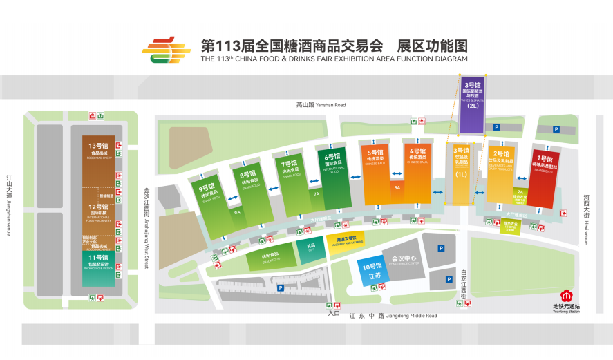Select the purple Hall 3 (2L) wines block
(x=473, y=104)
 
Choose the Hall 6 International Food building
(x=334, y=176)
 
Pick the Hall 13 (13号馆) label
(x=98, y=149)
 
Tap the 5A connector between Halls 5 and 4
(x=397, y=188)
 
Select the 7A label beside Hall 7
(x=315, y=194)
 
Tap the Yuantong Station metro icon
(x=565, y=296)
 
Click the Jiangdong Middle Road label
(x=393, y=316)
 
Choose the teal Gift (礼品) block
(x=310, y=247)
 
